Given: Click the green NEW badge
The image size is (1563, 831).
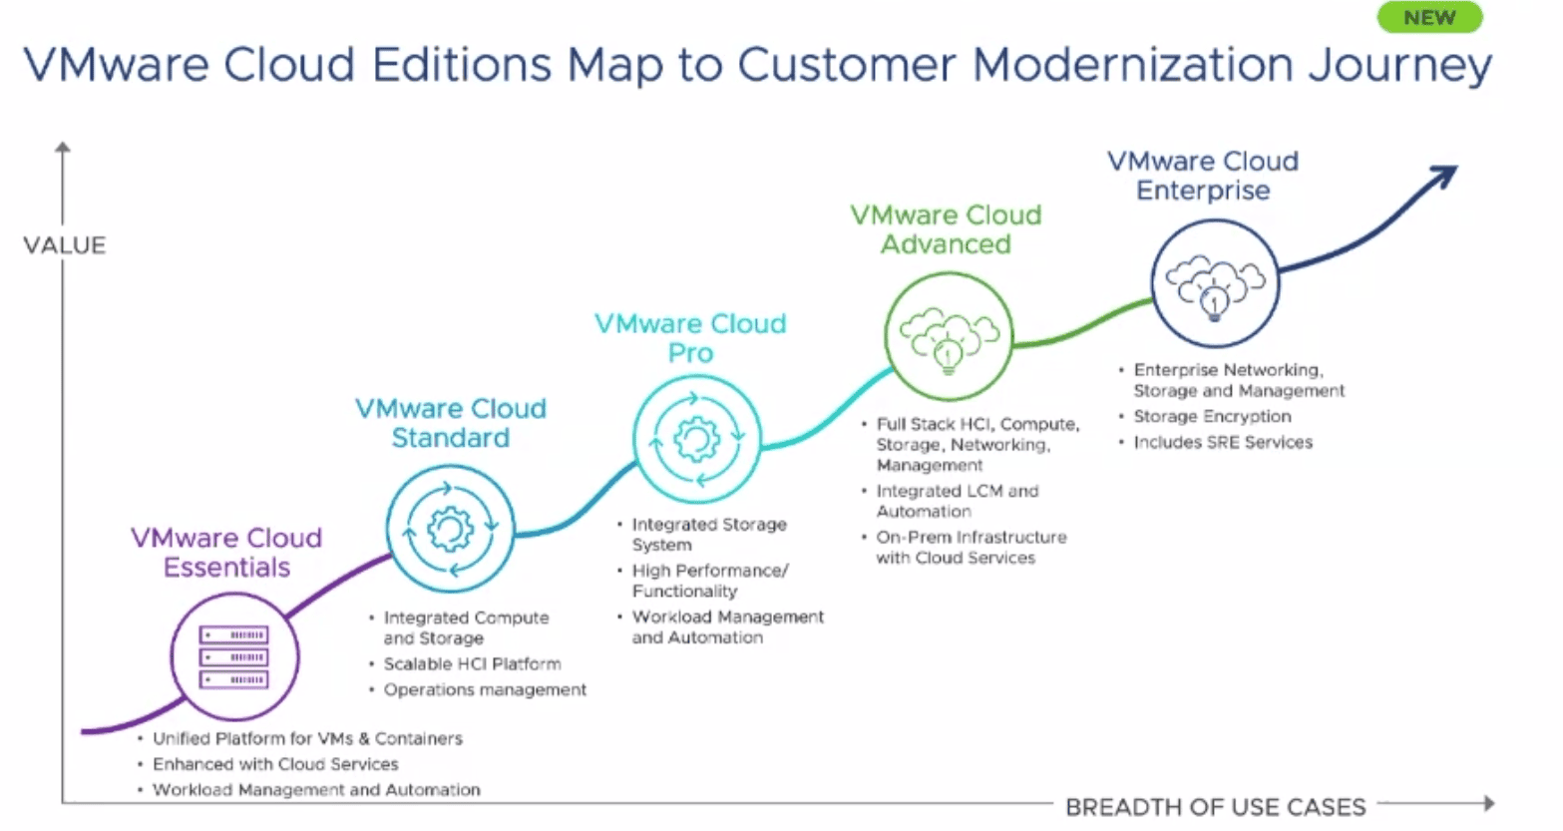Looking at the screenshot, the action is coord(1429,17).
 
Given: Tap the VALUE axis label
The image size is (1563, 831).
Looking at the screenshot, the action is coord(65,245).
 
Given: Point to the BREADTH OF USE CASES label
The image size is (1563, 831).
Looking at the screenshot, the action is coord(1216,807).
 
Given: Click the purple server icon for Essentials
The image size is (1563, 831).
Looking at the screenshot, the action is coord(234,657).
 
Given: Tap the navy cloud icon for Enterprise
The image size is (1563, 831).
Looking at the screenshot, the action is coord(1216,286).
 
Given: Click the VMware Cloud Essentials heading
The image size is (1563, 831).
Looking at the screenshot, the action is coord(226,553).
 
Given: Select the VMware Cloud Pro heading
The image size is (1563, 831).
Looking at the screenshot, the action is coord(691,338).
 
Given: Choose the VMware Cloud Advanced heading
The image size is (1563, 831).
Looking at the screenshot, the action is coord(947,229).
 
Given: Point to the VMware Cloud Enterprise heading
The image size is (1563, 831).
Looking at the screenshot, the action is coord(1203,176).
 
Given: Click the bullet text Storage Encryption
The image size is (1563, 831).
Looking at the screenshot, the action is coord(1212,417).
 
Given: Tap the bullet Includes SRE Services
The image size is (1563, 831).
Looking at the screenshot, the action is coord(1223,442).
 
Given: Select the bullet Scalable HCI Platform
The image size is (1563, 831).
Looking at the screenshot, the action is coord(472,664).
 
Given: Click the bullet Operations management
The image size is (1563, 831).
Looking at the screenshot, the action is coord(485,690).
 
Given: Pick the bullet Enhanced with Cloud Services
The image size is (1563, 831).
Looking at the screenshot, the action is coord(275,765).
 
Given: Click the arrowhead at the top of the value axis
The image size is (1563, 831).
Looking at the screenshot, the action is coord(63,148).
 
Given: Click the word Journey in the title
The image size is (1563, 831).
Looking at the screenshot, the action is coord(1400,65).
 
